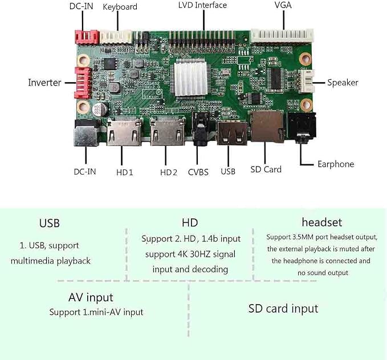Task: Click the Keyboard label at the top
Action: pyautogui.click(x=120, y=7)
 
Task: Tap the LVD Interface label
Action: pyautogui.click(x=202, y=5)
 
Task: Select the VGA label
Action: pyautogui.click(x=283, y=5)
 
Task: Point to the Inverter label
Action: pyautogui.click(x=44, y=83)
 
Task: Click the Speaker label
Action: pyautogui.click(x=343, y=83)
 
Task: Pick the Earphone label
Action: pyautogui.click(x=336, y=164)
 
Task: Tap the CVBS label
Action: pyautogui.click(x=198, y=172)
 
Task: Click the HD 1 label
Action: pyautogui.click(x=125, y=172)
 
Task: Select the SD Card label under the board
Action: pyautogui.click(x=266, y=169)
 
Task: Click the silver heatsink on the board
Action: pyautogui.click(x=190, y=79)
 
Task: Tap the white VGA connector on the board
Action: pyautogui.click(x=282, y=36)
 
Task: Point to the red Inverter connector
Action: pyautogui.click(x=83, y=83)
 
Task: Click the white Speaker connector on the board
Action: pyautogui.click(x=306, y=81)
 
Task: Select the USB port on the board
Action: pyautogui.click(x=232, y=134)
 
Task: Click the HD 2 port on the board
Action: pyautogui.click(x=168, y=131)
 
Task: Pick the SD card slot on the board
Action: pyautogui.click(x=267, y=127)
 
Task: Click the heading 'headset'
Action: pyautogui.click(x=322, y=222)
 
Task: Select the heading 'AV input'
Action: pyautogui.click(x=91, y=297)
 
